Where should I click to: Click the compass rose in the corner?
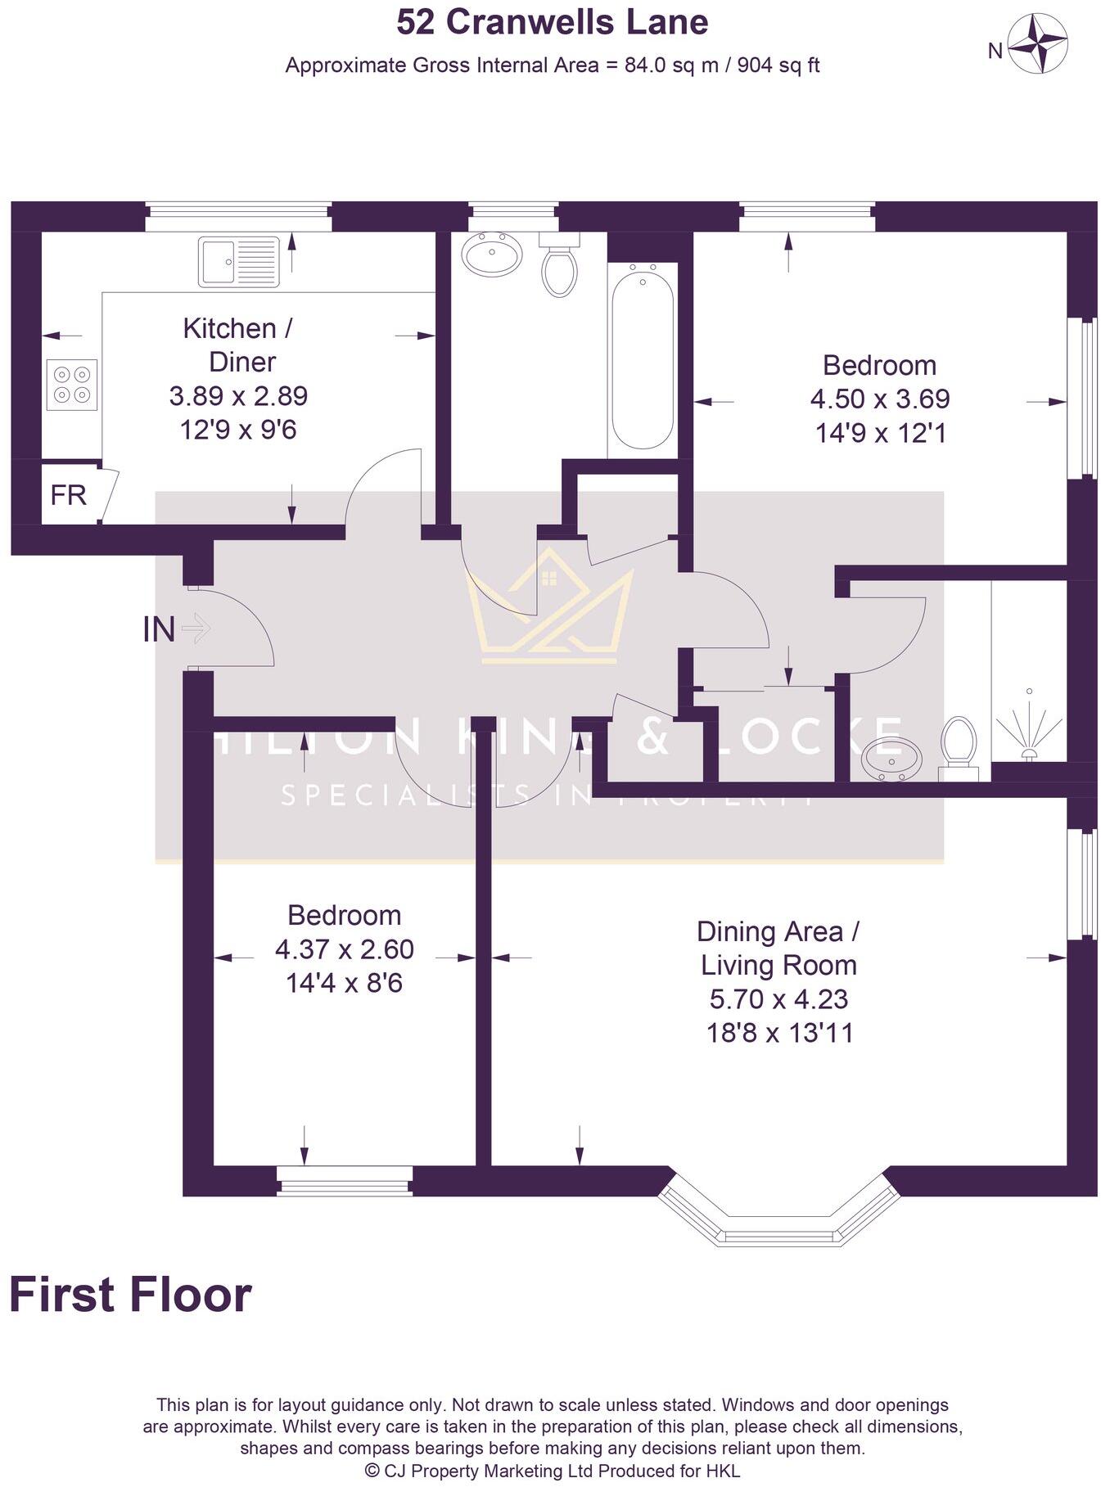click(1036, 45)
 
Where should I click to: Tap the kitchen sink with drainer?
click(238, 262)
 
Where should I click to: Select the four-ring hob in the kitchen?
click(72, 385)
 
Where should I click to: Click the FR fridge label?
click(68, 495)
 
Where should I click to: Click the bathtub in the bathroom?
click(643, 360)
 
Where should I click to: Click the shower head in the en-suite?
click(1030, 728)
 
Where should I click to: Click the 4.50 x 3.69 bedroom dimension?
click(880, 399)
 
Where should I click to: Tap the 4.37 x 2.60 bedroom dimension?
click(344, 949)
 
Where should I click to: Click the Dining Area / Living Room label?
click(778, 949)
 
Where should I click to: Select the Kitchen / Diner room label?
click(237, 345)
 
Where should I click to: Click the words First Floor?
click(131, 1295)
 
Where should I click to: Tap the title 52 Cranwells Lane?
click(553, 22)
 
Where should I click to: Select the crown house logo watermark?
click(549, 610)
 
